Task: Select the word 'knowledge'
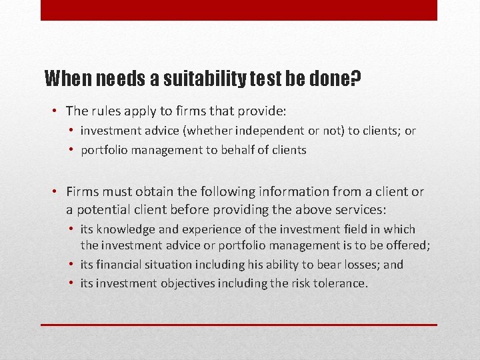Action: tap(127, 229)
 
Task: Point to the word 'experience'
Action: tap(207, 229)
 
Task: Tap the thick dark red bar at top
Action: tap(239, 10)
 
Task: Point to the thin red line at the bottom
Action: tap(239, 325)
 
